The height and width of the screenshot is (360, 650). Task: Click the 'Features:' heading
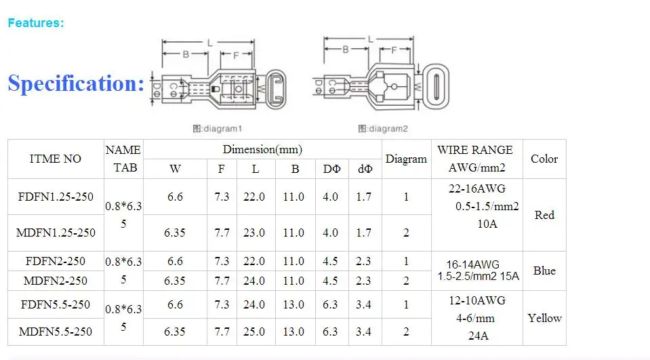(36, 23)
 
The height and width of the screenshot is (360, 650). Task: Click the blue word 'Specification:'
(76, 83)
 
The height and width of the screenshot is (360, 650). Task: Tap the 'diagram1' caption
(217, 129)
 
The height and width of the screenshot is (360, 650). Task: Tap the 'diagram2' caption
(383, 129)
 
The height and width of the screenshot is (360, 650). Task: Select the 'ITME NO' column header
(55, 159)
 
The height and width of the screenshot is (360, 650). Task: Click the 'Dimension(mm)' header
(262, 149)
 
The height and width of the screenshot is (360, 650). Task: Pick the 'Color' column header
(544, 159)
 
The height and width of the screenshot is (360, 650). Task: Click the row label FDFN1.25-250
(56, 197)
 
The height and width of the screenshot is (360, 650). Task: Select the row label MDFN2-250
(55, 281)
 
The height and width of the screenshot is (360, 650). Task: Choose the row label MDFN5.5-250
(55, 332)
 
